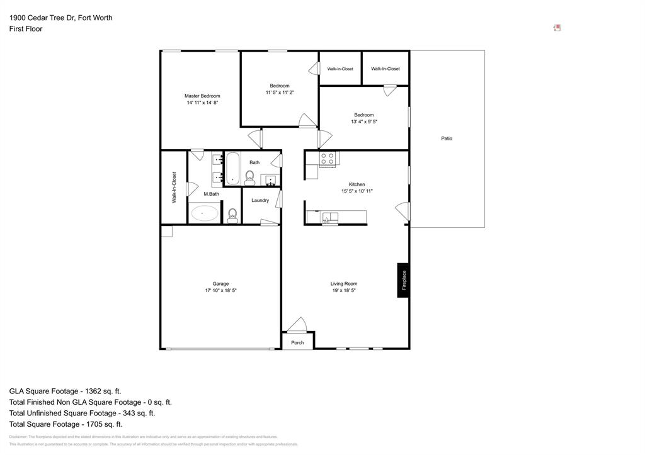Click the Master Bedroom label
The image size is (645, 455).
(202, 96)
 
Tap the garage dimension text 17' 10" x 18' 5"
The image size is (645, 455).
(220, 291)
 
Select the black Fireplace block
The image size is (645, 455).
(403, 280)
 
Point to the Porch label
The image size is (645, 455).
(297, 343)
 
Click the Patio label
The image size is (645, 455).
(447, 138)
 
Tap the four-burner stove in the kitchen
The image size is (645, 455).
(327, 159)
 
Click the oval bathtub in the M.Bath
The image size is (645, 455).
(203, 213)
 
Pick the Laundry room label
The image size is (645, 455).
(260, 201)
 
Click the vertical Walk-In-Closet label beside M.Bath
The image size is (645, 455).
(174, 187)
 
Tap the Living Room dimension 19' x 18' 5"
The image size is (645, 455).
(344, 291)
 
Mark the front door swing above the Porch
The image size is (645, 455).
(296, 325)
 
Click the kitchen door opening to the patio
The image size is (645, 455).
(402, 211)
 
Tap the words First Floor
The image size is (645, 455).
(26, 29)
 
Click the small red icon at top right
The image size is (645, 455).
(557, 28)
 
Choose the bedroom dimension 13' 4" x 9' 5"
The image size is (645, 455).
(364, 122)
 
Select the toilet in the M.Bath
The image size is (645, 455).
(232, 216)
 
